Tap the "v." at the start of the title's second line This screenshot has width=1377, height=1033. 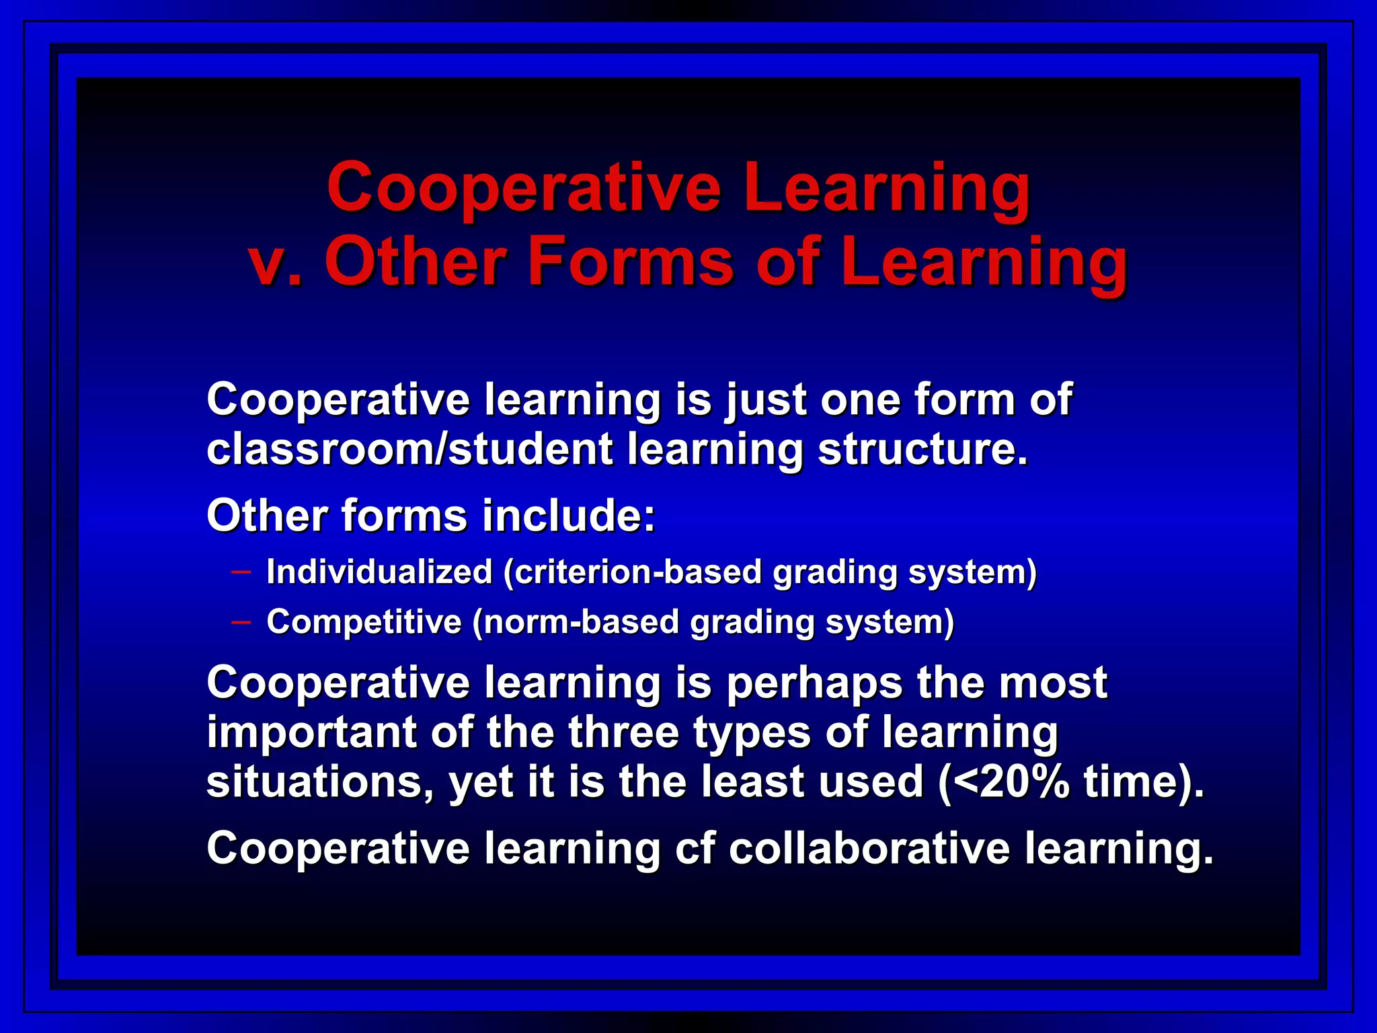point(276,262)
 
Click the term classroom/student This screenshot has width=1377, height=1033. point(409,449)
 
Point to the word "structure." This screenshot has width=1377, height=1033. point(923,449)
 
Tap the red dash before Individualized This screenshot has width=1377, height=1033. point(241,572)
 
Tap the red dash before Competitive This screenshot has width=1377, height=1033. point(241,622)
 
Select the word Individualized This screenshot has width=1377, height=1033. point(380,572)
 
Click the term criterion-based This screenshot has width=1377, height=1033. point(633,573)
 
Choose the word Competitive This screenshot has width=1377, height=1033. point(364,622)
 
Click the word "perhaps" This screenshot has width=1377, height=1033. point(815,684)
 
